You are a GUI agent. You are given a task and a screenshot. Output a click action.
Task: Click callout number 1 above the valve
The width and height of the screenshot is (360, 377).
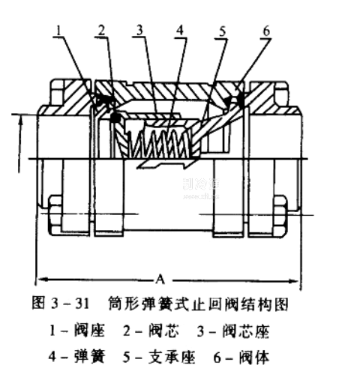coord(59,31)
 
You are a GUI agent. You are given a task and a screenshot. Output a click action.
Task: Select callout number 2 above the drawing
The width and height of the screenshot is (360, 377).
coord(101,31)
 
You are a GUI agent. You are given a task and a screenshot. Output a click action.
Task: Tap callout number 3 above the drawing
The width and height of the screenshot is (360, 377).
coord(139,31)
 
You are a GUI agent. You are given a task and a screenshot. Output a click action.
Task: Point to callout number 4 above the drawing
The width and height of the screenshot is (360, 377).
coord(180,31)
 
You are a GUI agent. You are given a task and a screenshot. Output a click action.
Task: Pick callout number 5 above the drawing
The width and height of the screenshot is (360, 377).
coord(223,31)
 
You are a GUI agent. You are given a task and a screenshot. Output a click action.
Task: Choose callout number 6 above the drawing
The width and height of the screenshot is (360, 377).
coord(266,31)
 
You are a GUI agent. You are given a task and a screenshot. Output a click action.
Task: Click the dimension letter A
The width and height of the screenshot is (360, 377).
coord(160,279)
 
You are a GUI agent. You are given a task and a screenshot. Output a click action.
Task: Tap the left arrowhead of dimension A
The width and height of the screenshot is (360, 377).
coord(42,279)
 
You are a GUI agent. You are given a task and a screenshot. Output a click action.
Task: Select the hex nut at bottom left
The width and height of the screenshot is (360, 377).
coord(55,215)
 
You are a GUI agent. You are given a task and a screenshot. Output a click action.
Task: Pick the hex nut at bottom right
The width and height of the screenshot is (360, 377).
coord(280,216)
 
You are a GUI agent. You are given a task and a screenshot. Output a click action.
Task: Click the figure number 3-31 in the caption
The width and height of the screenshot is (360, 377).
coord(70,304)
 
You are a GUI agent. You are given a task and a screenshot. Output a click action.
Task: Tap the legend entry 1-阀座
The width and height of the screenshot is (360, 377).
coord(76,331)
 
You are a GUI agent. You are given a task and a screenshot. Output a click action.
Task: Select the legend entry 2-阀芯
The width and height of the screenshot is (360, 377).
coord(151,331)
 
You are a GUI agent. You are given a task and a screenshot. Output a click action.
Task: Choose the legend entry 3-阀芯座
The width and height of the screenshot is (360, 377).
coord(233,331)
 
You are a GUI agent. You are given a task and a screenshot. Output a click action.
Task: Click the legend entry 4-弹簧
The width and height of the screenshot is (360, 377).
coord(76,357)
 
